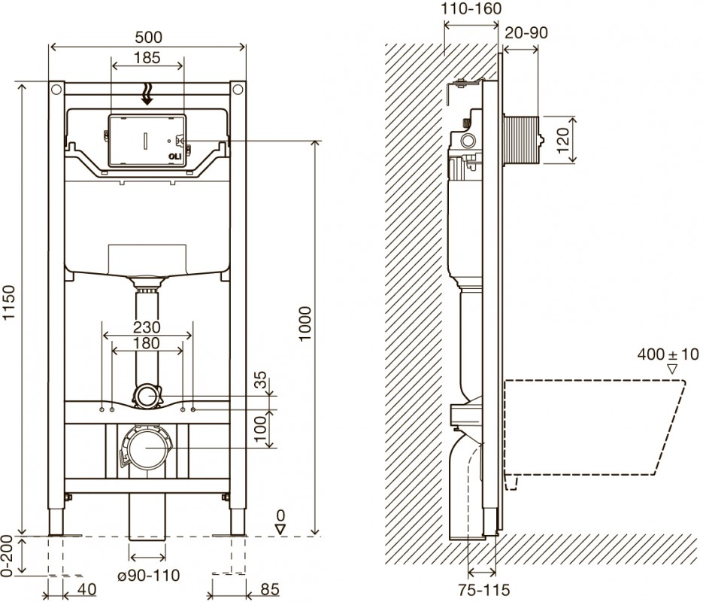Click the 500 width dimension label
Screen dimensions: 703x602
(147, 37)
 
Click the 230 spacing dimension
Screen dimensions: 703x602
(147, 327)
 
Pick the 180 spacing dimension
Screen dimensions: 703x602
(147, 343)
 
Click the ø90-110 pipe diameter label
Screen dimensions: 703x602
(148, 576)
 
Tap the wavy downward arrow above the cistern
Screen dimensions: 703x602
(147, 93)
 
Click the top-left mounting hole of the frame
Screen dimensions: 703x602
(56, 90)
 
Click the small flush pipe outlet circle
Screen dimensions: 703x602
(147, 396)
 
